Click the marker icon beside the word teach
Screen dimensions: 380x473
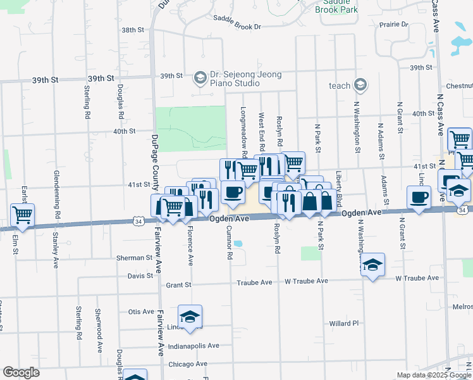click(x=360, y=85)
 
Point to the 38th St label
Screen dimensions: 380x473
click(x=133, y=30)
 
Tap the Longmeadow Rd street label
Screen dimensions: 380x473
click(x=245, y=132)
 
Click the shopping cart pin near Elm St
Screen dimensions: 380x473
click(x=22, y=215)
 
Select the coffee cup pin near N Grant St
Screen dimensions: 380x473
click(x=418, y=198)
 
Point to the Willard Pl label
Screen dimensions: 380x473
click(x=344, y=323)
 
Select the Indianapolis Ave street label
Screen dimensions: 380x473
click(x=193, y=346)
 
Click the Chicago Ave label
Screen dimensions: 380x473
click(x=188, y=364)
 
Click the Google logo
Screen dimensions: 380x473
click(x=21, y=372)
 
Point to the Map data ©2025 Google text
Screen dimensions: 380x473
click(x=433, y=375)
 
